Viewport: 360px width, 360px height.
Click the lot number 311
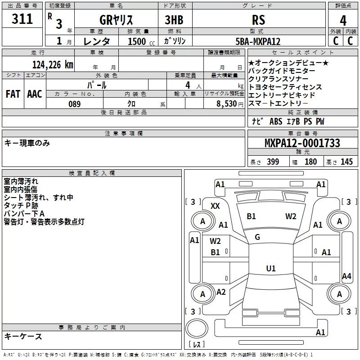click(22, 19)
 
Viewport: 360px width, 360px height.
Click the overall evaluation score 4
click(343, 20)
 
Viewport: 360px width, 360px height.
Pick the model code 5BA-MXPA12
click(258, 41)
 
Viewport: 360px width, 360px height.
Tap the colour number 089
click(75, 104)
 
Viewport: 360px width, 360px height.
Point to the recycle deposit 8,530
click(226, 104)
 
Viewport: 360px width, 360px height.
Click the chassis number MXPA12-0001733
click(302, 144)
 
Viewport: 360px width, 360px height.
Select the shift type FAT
click(13, 94)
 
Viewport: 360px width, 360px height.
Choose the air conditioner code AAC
click(34, 94)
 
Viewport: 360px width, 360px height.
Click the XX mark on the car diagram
click(216, 206)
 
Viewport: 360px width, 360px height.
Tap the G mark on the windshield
click(257, 237)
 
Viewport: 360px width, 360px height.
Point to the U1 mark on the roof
click(270, 268)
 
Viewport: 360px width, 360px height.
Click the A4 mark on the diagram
click(346, 276)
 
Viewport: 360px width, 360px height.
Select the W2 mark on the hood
click(291, 216)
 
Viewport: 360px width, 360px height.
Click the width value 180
click(310, 162)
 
